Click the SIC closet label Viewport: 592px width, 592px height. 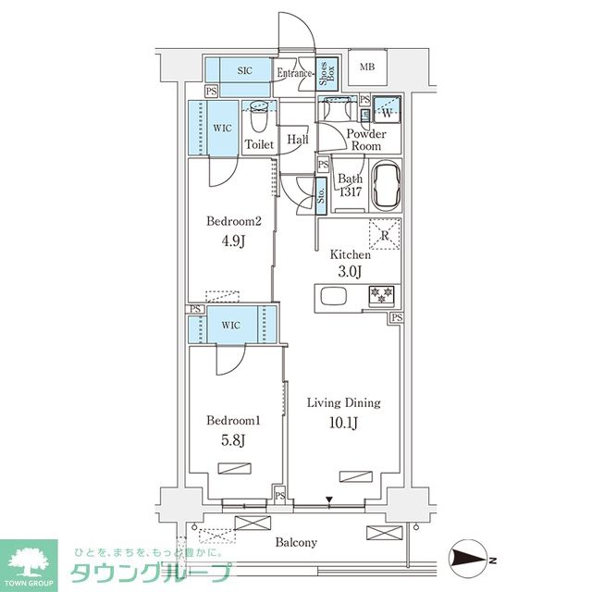coord(246,70)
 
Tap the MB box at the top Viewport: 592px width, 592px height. coord(367,67)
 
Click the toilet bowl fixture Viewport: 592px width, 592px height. coord(259,120)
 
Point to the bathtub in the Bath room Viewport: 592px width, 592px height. coord(385,186)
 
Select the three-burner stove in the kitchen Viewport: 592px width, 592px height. coord(381,296)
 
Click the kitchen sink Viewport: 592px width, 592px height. coord(332,297)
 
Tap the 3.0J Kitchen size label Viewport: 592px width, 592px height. coord(351,271)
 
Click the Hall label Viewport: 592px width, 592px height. coord(297,140)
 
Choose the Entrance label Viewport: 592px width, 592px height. coord(295,73)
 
